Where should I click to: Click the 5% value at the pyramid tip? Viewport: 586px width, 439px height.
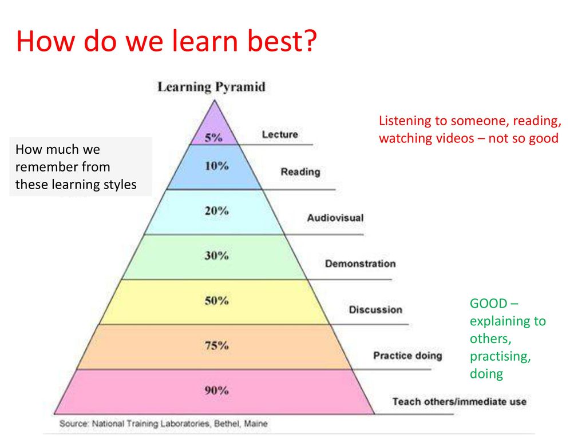(x=213, y=137)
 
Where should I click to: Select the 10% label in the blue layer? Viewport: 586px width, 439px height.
(x=216, y=165)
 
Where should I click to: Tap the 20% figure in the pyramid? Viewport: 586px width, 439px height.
(x=216, y=210)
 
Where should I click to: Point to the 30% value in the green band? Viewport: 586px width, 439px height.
(x=216, y=256)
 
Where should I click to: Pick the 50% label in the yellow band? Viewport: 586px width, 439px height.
(x=216, y=301)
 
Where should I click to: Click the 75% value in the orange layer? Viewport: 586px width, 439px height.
(x=216, y=345)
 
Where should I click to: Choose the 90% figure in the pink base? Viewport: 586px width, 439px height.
(x=216, y=390)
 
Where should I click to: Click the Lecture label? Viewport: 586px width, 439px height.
(x=280, y=134)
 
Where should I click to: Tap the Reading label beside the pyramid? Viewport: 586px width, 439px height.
(x=300, y=171)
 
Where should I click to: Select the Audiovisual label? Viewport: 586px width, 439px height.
(x=335, y=218)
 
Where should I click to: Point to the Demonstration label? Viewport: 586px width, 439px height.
(x=361, y=264)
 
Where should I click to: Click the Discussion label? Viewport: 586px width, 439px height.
(x=375, y=309)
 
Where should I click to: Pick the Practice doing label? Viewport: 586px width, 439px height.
(x=407, y=356)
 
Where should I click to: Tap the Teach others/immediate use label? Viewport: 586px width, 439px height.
(x=460, y=401)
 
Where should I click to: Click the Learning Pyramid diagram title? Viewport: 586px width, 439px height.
(x=212, y=87)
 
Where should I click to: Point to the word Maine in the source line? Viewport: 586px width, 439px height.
(x=256, y=424)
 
